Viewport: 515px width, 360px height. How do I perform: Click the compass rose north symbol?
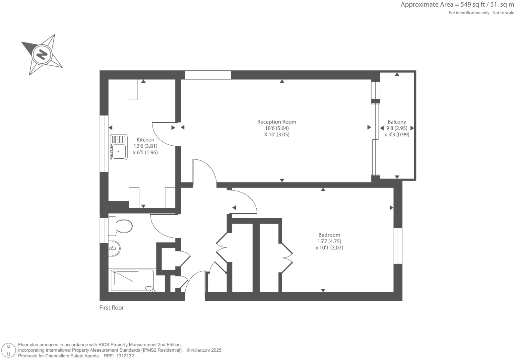pos(42,54)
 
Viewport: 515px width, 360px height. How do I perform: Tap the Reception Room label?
pos(277,122)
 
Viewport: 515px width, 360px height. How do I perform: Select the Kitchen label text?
pos(145,140)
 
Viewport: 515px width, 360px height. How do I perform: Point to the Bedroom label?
pos(329,235)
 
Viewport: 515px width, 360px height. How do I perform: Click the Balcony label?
pos(397,122)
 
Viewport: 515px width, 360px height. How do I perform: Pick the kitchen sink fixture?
pos(119,147)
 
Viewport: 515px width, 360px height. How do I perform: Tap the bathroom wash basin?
pos(114,248)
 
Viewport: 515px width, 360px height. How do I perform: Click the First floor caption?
pos(112,308)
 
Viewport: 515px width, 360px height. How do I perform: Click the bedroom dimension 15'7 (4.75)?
pos(329,241)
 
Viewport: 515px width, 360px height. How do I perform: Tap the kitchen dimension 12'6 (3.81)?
pos(145,146)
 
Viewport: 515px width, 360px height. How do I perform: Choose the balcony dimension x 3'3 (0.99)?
pos(397,135)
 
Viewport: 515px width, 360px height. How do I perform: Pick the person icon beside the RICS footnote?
pos(9,350)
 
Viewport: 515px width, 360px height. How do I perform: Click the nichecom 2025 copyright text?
pos(204,350)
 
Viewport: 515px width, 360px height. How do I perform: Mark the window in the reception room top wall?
pos(208,75)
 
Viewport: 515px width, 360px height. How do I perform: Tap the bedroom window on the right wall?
pos(398,246)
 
